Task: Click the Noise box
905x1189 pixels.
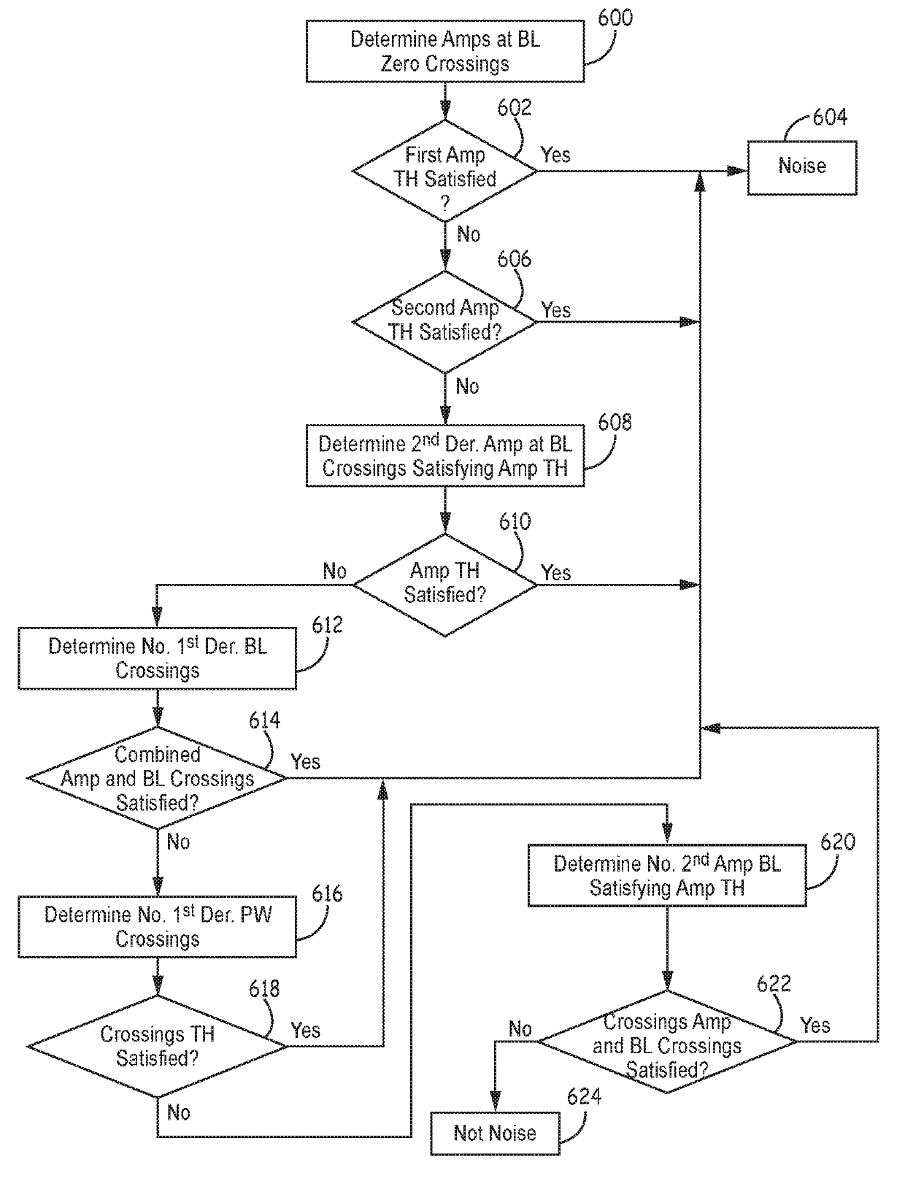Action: pos(801,167)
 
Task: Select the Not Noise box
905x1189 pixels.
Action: pos(495,1134)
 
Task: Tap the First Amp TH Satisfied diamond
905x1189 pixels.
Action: pos(444,171)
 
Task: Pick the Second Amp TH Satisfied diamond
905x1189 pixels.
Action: pos(444,322)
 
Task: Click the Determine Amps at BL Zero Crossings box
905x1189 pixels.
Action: pos(444,52)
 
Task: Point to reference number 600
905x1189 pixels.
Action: pos(615,18)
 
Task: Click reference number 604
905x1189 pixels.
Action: pos(830,117)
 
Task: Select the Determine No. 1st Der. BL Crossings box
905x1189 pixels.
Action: pos(157,658)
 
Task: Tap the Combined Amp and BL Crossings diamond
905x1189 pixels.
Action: pos(157,778)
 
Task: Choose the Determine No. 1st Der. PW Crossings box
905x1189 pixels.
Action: pos(157,927)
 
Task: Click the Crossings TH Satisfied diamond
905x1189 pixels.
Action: pos(157,1047)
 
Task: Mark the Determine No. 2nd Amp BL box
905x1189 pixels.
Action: pos(667,875)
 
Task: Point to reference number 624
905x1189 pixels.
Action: pos(584,1096)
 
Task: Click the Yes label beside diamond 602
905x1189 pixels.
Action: pos(555,155)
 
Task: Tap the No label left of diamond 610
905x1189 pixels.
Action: pos(334,570)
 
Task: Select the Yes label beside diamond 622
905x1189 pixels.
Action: pos(815,1025)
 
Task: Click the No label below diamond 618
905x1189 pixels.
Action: pos(178,1112)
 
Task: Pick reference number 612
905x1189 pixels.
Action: pos(327,625)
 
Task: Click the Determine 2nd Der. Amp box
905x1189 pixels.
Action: pos(444,455)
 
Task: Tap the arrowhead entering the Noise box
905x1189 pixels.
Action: pos(738,172)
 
